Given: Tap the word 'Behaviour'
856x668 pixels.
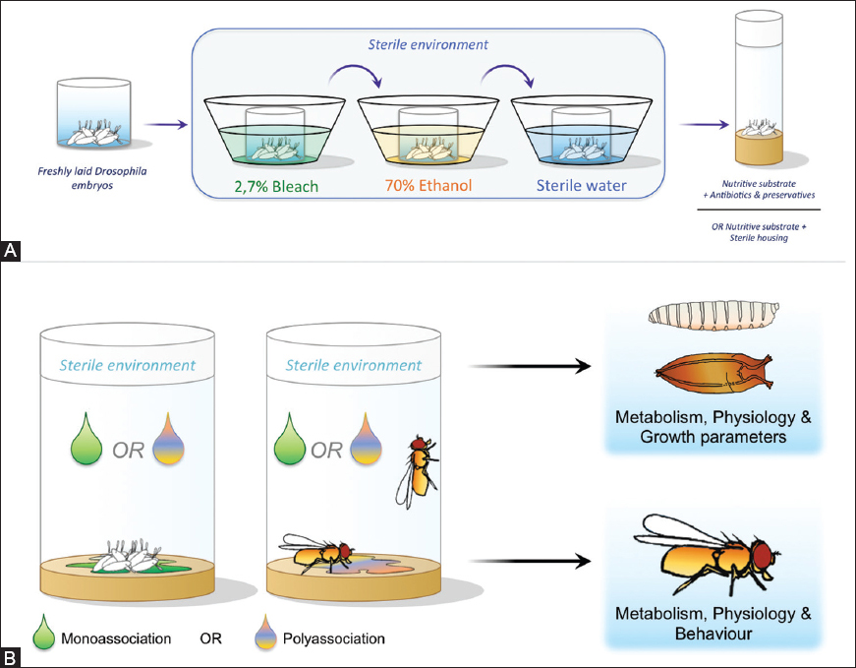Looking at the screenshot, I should click(x=713, y=635).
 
